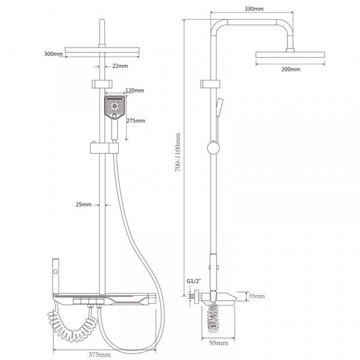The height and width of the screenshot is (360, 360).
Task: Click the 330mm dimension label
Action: (254, 9)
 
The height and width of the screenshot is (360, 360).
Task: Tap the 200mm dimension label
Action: (290, 69)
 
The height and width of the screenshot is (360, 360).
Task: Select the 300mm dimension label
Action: (53, 54)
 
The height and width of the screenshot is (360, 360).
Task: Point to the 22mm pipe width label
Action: (120, 66)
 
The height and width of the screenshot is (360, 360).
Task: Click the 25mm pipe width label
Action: (83, 205)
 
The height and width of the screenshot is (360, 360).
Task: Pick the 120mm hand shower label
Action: (135, 90)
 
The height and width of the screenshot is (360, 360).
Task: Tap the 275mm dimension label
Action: (136, 121)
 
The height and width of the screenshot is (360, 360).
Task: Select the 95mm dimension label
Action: (219, 343)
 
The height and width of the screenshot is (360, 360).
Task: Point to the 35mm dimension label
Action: (257, 296)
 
